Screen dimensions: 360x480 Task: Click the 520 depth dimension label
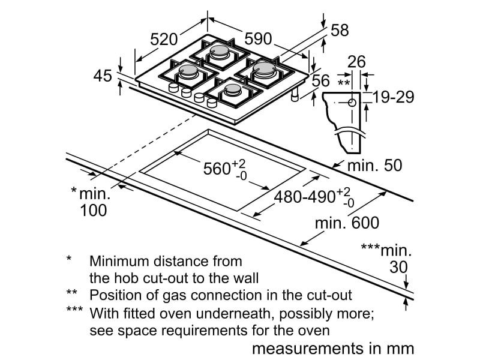[x=164, y=39]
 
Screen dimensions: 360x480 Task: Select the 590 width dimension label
[x=258, y=39]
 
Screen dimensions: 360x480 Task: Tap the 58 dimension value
[x=340, y=31]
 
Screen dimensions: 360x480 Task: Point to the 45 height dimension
[x=103, y=76]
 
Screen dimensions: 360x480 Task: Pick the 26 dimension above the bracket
[x=356, y=61]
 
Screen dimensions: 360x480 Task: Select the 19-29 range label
[x=393, y=97]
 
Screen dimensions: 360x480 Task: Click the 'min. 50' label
[x=375, y=165]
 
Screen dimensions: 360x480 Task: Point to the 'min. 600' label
[x=347, y=223]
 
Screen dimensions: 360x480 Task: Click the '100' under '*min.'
[x=93, y=210]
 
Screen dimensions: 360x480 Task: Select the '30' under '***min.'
[x=399, y=267]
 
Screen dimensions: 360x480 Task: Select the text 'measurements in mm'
[x=333, y=348]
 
